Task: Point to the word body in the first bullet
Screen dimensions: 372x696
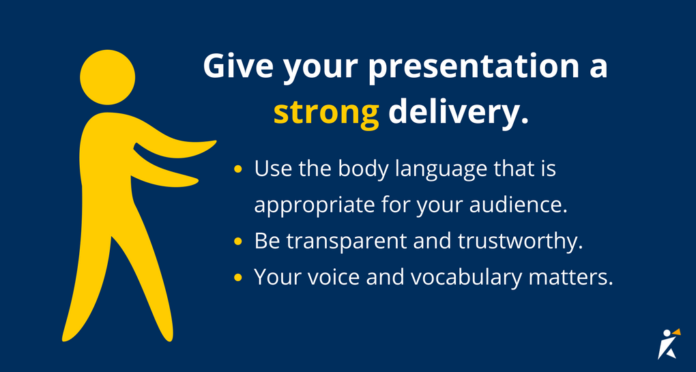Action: click(358, 169)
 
